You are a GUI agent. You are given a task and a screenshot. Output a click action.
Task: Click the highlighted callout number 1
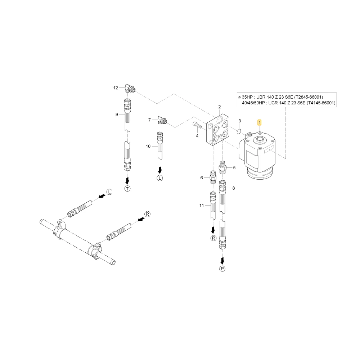pos(260,123)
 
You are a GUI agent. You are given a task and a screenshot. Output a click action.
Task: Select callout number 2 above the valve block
pos(220,107)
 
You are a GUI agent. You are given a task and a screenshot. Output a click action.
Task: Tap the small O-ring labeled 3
pos(239,131)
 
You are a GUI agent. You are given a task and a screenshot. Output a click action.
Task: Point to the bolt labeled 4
pos(197,125)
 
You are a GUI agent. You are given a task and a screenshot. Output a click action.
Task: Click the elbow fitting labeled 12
pos(130,88)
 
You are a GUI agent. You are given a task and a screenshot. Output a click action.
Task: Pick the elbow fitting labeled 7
pos(163,120)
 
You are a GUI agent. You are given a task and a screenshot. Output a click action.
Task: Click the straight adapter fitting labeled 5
pos(222,167)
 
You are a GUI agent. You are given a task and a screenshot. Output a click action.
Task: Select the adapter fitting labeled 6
pos(213,177)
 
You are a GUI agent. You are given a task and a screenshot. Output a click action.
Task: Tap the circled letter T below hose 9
pos(127,189)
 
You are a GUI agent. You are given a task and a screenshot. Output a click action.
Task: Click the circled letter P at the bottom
pos(222,269)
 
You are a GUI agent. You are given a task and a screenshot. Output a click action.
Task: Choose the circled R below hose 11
pos(213,238)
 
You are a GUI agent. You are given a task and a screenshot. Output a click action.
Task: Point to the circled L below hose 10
pos(160,178)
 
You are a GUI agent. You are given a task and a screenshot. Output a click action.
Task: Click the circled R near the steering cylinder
pos(147,214)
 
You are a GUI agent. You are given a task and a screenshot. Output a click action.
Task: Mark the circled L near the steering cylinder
pos(109,192)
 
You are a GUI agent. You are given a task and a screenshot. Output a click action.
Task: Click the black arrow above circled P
pos(222,261)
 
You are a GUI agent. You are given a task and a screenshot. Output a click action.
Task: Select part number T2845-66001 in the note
pos(309,97)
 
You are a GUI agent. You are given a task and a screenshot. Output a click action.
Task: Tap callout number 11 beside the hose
pos(202,206)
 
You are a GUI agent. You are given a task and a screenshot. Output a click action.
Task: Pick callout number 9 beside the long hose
pos(117,114)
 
